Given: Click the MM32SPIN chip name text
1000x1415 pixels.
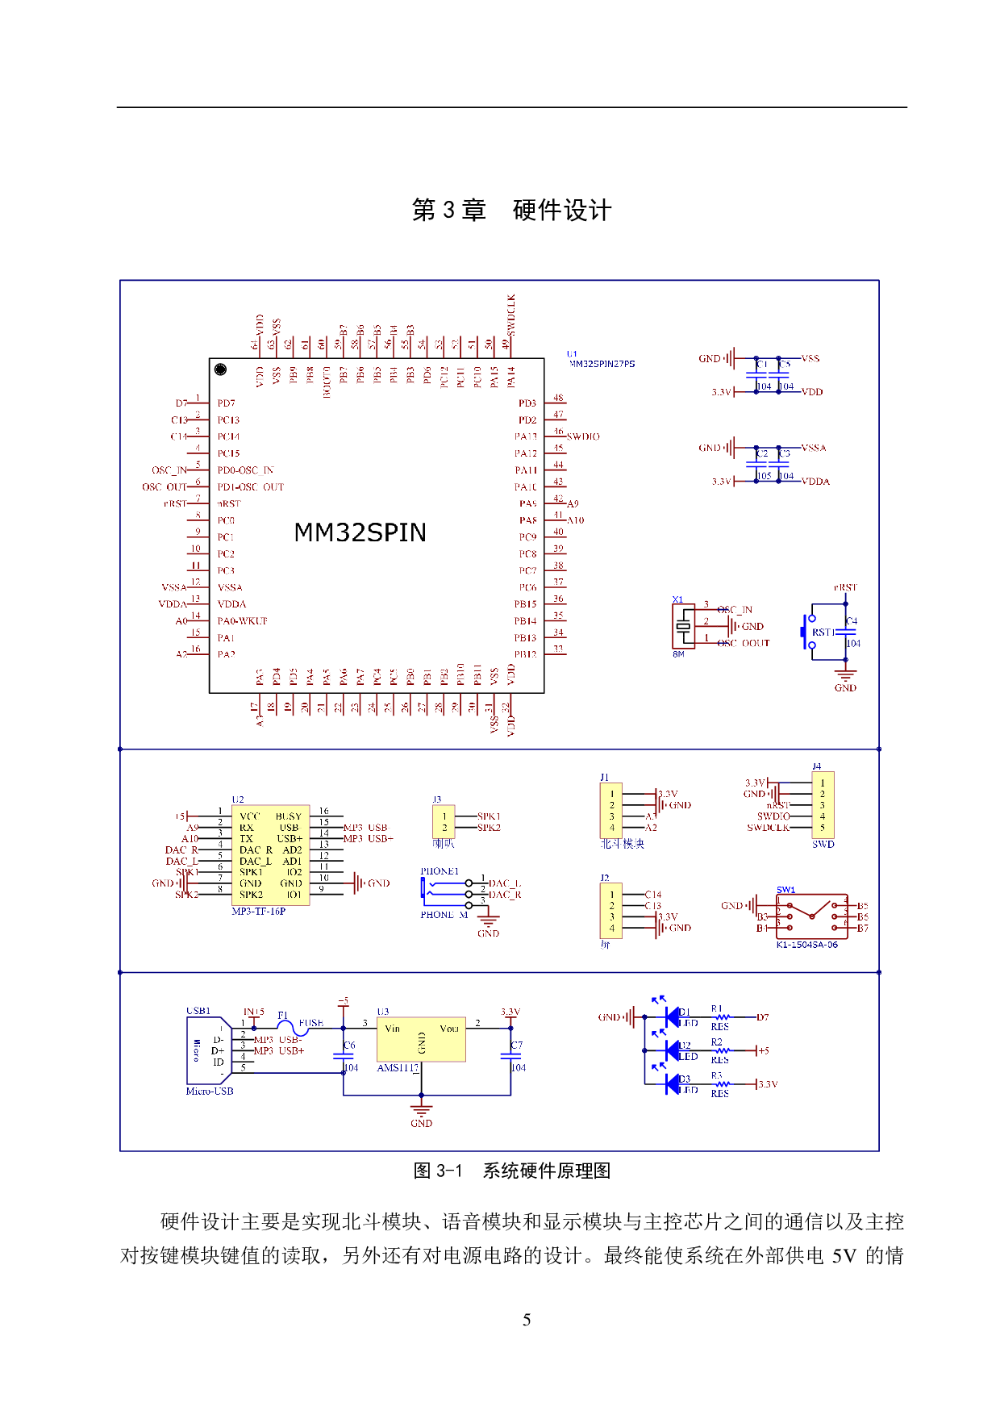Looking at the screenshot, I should coord(360,532).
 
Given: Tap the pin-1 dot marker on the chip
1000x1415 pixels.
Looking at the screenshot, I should coord(220,369).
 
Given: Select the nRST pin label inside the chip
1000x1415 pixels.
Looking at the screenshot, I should coord(229,503).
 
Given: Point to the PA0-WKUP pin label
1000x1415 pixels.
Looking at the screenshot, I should coord(242,621).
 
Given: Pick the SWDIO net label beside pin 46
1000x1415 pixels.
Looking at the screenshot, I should coord(583,436).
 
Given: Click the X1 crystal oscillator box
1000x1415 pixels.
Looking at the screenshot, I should coord(683,626).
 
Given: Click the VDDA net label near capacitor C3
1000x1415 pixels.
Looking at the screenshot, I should coord(815,482).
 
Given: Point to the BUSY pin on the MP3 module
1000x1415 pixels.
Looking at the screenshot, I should coord(288,816).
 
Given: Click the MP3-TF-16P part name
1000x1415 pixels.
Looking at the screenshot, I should coord(259,912).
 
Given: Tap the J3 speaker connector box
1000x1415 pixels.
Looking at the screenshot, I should coord(444,823).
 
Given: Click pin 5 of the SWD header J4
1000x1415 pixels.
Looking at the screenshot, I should coord(823,828).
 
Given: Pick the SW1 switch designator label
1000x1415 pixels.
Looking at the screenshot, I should coord(785,890).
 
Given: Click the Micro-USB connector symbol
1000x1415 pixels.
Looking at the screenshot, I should coord(209,1050).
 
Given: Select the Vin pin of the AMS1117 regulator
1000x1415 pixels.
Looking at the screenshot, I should coord(393,1029).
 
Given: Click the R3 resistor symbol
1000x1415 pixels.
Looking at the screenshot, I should coord(721,1084).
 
